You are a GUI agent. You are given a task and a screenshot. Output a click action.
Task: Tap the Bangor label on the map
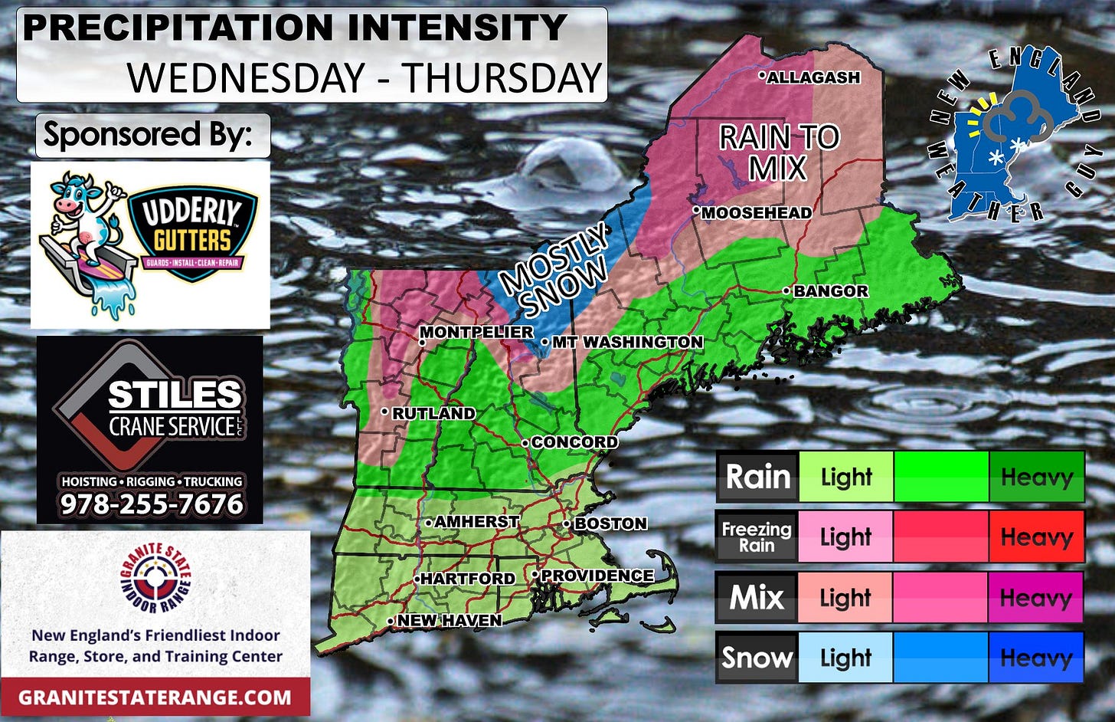click(x=830, y=291)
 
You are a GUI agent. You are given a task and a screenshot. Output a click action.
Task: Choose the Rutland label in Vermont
click(x=433, y=413)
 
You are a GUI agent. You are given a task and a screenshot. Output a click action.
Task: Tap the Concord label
click(x=574, y=442)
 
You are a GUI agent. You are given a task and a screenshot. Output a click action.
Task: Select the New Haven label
click(x=449, y=620)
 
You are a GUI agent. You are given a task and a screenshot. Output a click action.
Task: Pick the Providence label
click(x=597, y=576)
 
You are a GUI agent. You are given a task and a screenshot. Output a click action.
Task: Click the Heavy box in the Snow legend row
click(x=1036, y=658)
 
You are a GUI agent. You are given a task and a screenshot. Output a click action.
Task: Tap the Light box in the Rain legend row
click(x=846, y=477)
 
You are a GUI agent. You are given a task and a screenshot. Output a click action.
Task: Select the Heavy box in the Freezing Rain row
click(x=1036, y=537)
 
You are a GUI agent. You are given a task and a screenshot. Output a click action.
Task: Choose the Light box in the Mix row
click(x=846, y=597)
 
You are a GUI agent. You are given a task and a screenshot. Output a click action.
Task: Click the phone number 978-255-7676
click(x=152, y=504)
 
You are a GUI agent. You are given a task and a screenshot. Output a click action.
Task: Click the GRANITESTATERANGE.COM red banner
click(x=155, y=697)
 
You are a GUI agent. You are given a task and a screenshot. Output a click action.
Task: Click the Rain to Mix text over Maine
click(x=779, y=153)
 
